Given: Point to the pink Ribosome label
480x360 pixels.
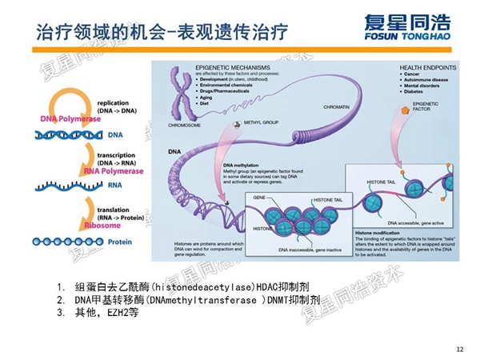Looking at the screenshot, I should coord(102,226).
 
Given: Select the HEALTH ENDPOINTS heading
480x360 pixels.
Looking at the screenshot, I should coord(428,67).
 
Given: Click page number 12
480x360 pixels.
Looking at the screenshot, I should coord(458,348).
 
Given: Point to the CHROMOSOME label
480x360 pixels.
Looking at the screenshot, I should coord(185,126).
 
